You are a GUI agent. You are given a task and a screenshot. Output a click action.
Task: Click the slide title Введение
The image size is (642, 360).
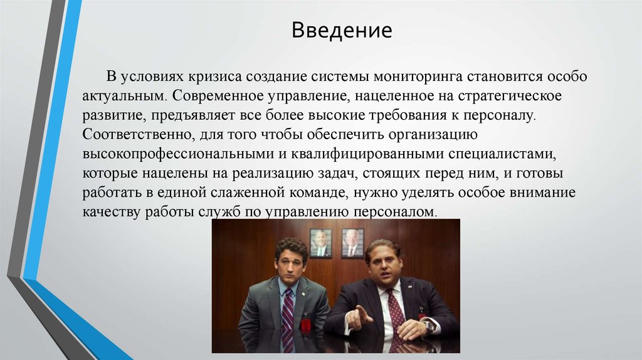pos(341,30)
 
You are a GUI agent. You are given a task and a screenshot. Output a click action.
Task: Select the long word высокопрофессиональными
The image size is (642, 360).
pos(172,154)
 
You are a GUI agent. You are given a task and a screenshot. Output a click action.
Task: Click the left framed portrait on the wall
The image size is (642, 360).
pos(320,243)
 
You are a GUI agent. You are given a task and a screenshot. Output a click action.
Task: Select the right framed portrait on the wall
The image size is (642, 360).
pos(352,243)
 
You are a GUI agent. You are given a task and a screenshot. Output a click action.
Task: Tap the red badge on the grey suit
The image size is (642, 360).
pos(307,325)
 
